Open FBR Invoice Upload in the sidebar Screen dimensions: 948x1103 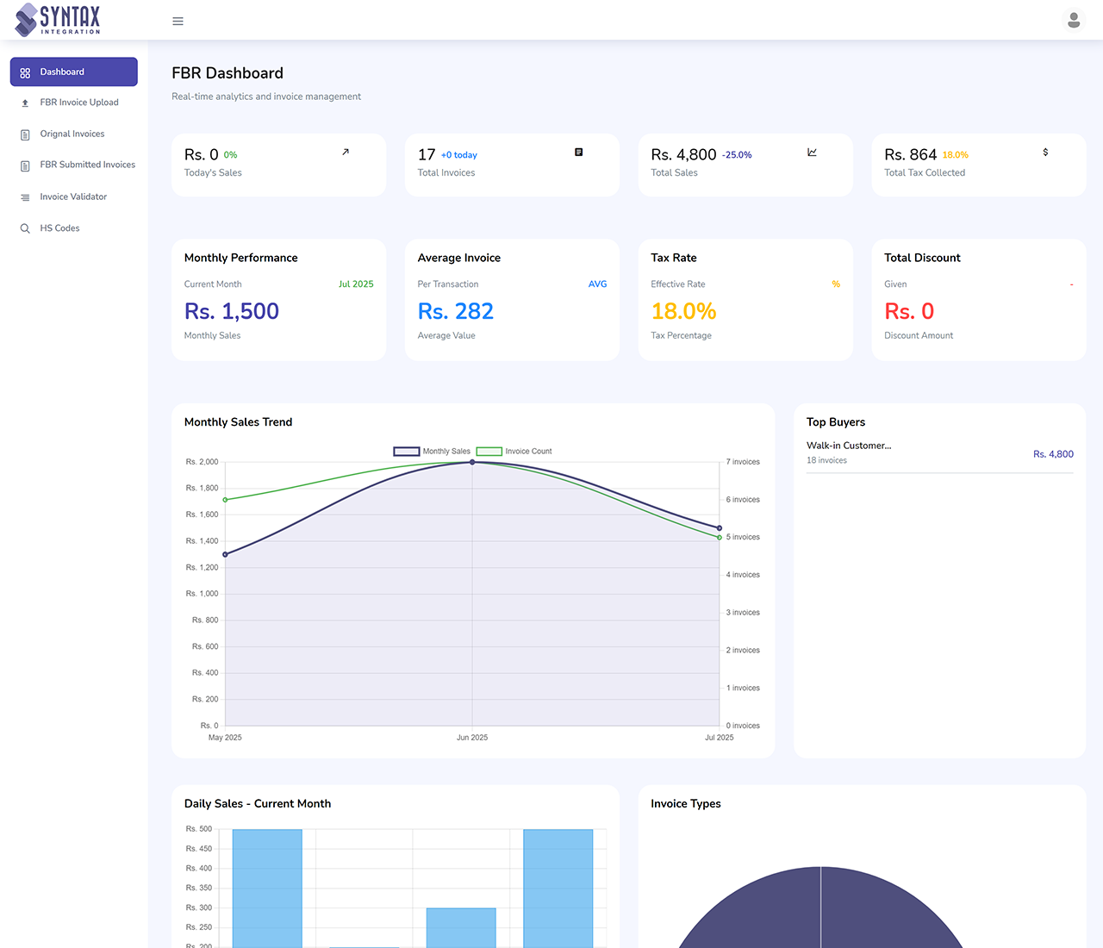click(x=78, y=103)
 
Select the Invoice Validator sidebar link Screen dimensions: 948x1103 click(x=73, y=196)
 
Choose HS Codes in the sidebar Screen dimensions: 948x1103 click(x=59, y=228)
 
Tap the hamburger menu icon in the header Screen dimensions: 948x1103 click(x=178, y=22)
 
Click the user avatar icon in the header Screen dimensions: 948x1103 click(x=1073, y=20)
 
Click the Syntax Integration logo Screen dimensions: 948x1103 click(x=59, y=19)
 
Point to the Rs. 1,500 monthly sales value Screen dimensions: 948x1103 click(x=232, y=311)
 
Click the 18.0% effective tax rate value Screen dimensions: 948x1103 click(x=683, y=311)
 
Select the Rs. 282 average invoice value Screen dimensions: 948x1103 click(x=455, y=311)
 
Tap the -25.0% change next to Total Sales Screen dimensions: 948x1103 click(x=736, y=155)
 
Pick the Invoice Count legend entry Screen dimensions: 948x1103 click(x=514, y=452)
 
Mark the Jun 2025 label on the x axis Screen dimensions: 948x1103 click(x=472, y=738)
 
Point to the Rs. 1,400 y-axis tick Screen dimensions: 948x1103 click(x=203, y=541)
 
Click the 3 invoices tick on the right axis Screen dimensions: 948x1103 click(x=743, y=613)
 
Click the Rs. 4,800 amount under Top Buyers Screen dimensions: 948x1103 click(x=1053, y=454)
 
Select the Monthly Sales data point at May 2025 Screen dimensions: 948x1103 click(x=225, y=554)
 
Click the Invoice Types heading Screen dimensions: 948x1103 click(x=685, y=803)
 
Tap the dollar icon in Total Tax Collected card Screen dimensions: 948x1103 click(x=1045, y=153)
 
